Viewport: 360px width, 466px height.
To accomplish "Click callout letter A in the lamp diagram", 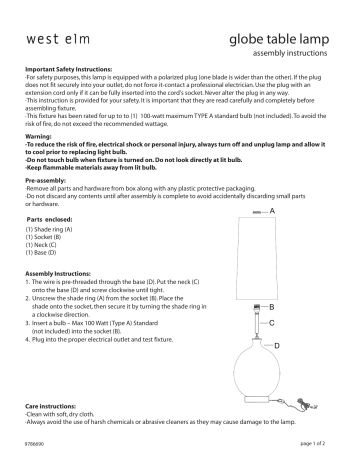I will tap(273, 210).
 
